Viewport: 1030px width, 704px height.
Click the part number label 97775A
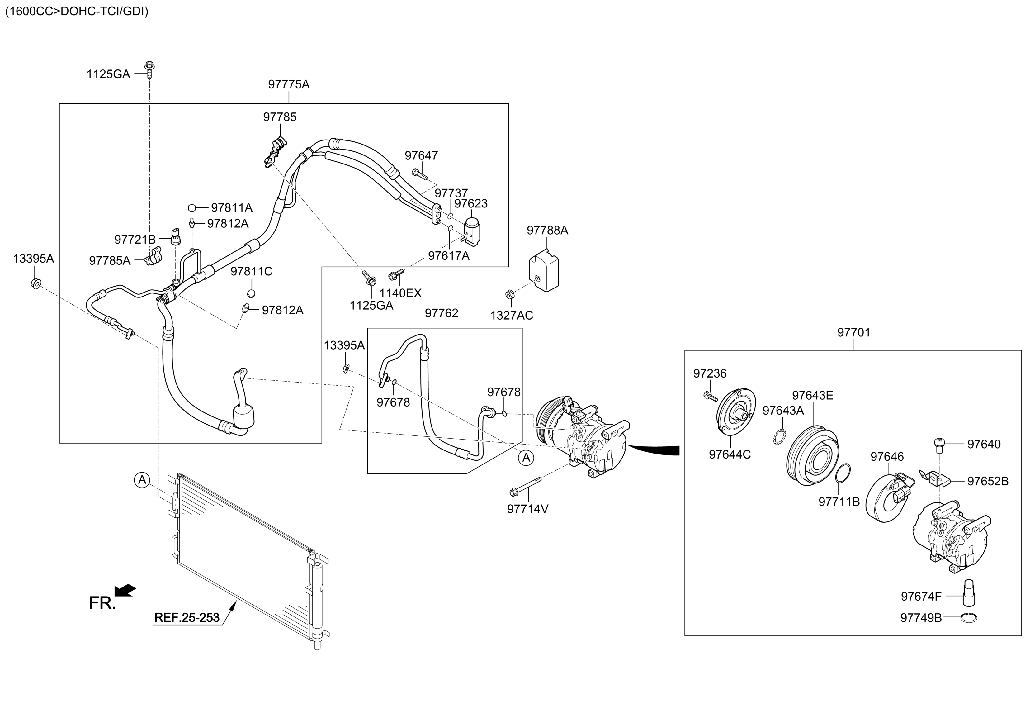289,84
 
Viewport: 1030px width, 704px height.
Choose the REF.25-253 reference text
187,617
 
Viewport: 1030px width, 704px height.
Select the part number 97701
853,332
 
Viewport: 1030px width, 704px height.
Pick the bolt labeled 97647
419,174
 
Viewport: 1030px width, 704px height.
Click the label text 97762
442,313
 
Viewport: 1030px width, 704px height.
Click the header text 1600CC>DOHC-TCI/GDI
77,12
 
